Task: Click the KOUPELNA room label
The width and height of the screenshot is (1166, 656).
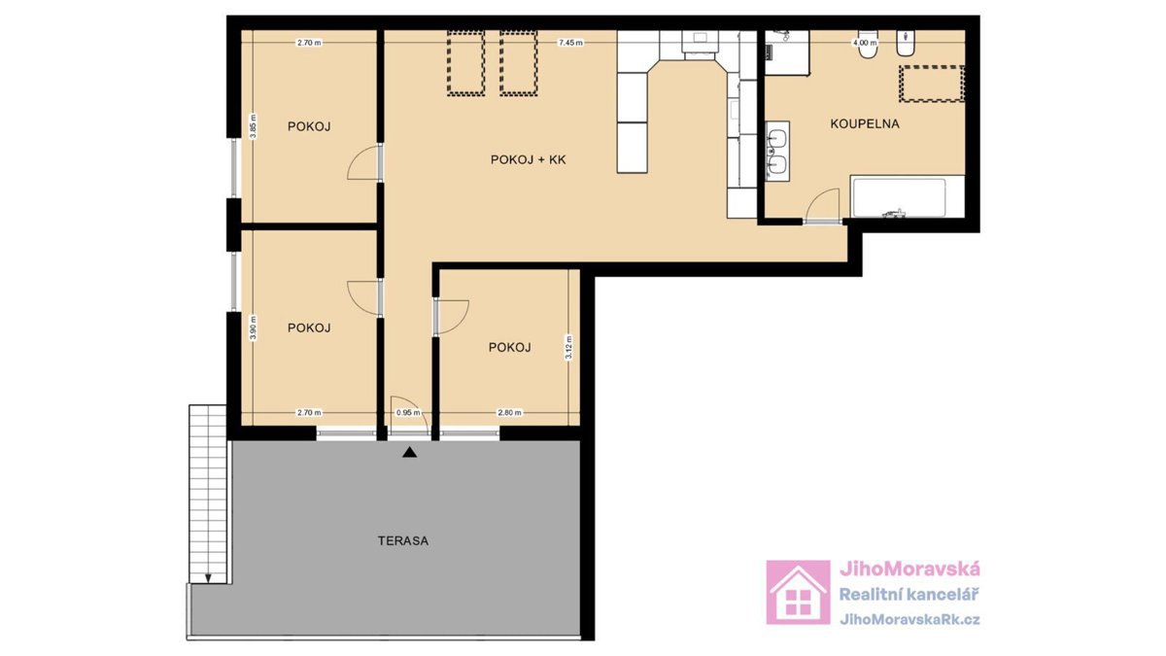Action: tap(865, 124)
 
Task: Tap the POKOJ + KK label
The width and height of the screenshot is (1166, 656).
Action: tap(528, 159)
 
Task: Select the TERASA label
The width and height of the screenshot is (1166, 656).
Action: tap(403, 541)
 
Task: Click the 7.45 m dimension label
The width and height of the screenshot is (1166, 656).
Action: tap(570, 43)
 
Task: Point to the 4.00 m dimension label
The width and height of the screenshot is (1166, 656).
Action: tap(865, 43)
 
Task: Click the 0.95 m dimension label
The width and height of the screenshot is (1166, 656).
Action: tap(408, 413)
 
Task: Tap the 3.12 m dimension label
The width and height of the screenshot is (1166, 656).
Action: tap(569, 347)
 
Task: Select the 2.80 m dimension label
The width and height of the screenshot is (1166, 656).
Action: tap(509, 413)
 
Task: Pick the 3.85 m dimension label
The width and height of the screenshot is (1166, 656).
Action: tap(253, 126)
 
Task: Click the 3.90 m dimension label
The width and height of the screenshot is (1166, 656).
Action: tap(253, 328)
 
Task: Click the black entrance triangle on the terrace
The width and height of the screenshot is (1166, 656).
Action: tap(410, 453)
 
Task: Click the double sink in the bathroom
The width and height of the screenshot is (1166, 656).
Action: tap(777, 152)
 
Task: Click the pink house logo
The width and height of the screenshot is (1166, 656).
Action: tap(798, 593)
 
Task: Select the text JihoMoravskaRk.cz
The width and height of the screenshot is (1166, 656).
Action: tap(909, 620)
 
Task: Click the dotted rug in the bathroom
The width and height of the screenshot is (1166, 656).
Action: tap(932, 84)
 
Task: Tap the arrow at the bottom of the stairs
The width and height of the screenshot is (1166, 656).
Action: tap(208, 578)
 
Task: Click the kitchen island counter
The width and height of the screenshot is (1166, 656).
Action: tap(633, 122)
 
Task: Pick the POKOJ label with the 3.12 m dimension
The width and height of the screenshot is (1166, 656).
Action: tap(509, 347)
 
